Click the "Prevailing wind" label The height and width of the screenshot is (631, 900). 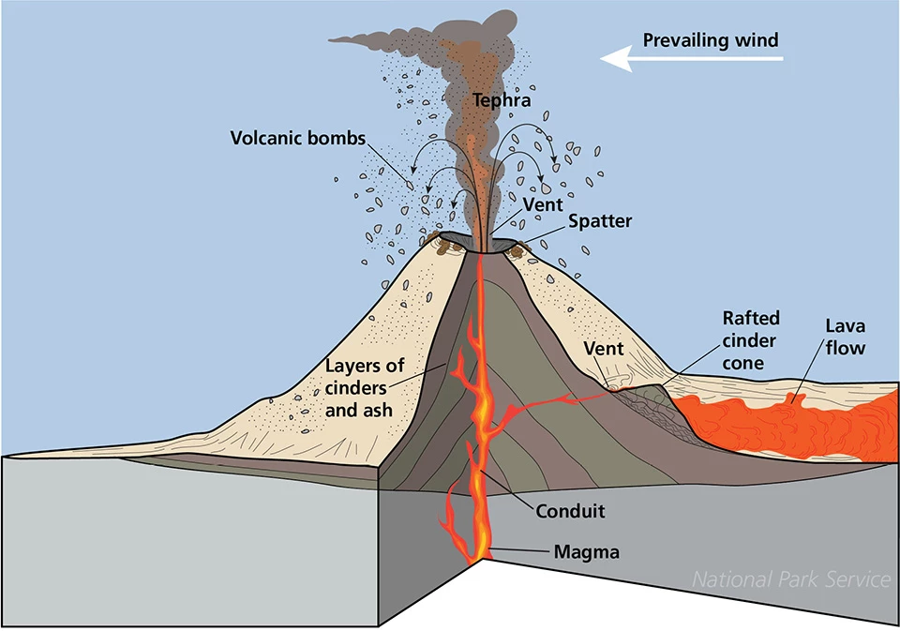(x=711, y=40)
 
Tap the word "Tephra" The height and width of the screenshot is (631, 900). (x=502, y=100)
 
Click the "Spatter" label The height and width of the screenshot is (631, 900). (x=599, y=222)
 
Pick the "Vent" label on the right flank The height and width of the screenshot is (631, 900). (x=603, y=348)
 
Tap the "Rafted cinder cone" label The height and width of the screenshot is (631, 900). (x=750, y=341)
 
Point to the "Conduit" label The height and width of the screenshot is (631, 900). (x=570, y=512)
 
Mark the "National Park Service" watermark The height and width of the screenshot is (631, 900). (x=790, y=580)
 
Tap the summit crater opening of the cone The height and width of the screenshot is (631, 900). (x=482, y=247)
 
